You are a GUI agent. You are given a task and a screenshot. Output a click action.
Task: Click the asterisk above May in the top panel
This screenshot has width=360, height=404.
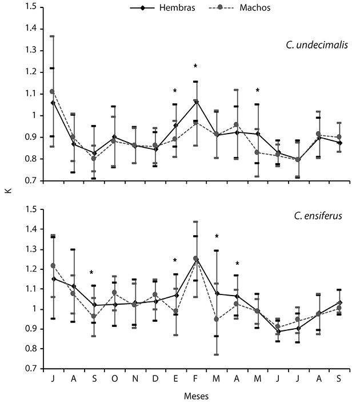pos(258,91)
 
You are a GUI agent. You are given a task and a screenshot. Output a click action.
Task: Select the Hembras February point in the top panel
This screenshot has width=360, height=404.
pos(196,102)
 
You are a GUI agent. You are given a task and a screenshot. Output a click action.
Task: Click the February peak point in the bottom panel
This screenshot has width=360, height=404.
pos(196,258)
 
